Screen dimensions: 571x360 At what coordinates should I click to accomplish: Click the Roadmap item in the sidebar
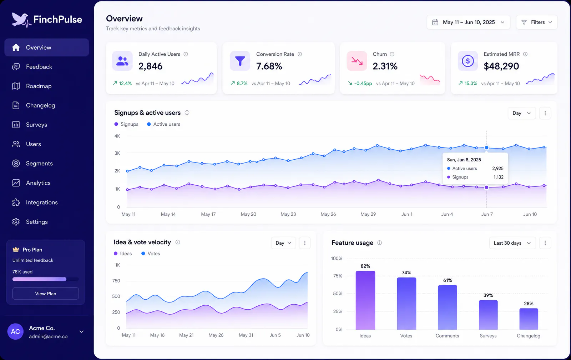point(39,86)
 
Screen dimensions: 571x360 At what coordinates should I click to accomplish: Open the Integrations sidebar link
point(42,202)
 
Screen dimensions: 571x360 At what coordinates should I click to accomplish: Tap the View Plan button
point(46,294)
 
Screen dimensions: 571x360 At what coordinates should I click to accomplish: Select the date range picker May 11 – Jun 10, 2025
point(469,22)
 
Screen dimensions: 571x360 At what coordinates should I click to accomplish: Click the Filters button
point(537,22)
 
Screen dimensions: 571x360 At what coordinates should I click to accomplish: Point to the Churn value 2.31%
point(385,66)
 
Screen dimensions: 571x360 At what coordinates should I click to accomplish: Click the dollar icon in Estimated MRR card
point(468,61)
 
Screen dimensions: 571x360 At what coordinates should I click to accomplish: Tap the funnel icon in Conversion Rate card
point(240,61)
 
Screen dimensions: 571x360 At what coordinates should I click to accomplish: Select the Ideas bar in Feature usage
point(365,300)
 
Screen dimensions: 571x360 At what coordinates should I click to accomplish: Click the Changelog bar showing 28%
point(529,319)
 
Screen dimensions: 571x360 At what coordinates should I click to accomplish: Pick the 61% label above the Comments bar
point(448,280)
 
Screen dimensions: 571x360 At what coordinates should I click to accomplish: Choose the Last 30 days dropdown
point(512,243)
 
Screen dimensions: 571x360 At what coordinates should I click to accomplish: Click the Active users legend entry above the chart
point(164,124)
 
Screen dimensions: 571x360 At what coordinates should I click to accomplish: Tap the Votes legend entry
point(151,254)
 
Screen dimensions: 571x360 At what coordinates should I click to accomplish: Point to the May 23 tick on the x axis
point(288,214)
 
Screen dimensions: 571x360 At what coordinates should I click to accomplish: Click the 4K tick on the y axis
point(117,136)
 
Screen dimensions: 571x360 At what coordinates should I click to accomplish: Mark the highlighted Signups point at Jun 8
point(486,187)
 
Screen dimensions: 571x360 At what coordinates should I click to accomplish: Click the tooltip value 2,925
point(498,168)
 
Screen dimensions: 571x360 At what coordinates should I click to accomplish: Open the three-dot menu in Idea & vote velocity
point(305,243)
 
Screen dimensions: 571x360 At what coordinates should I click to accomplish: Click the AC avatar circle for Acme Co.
point(16,331)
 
